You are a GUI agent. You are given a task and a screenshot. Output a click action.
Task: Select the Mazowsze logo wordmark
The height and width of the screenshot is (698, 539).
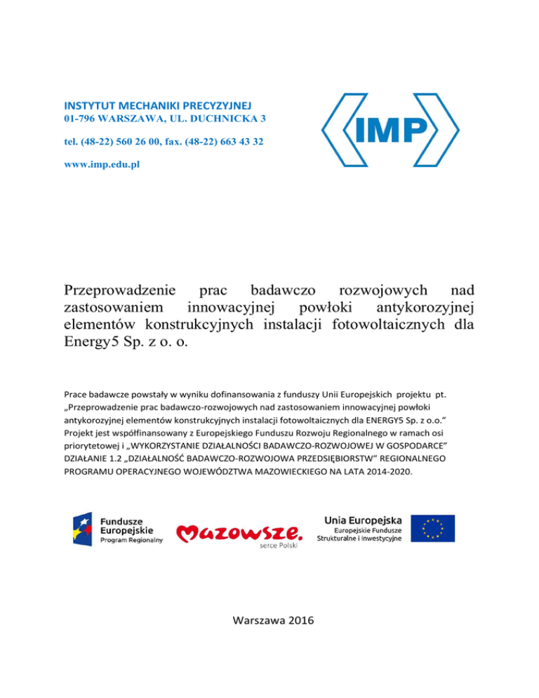point(239,534)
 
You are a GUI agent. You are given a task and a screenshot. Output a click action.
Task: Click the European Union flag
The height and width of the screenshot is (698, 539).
point(433,528)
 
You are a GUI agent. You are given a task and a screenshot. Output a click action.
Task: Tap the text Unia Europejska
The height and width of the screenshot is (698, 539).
point(364,520)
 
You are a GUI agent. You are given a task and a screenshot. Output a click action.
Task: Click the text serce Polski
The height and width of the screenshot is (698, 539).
point(279,546)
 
